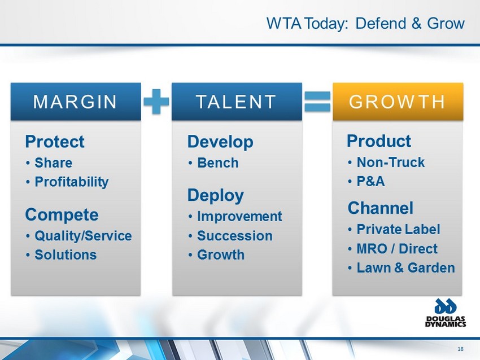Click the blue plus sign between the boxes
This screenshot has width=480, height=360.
156,102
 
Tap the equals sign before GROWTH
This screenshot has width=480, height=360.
317,102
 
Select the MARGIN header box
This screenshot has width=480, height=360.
76,102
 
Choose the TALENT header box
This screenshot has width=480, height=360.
237,102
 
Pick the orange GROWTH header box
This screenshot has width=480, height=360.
398,102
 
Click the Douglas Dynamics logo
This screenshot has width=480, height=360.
446,313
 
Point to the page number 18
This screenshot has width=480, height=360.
460,349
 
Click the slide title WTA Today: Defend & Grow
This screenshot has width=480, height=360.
365,23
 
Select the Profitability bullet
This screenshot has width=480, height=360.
72,182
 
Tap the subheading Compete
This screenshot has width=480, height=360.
62,215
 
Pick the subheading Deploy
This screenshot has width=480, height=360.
216,196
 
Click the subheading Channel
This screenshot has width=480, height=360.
381,208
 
